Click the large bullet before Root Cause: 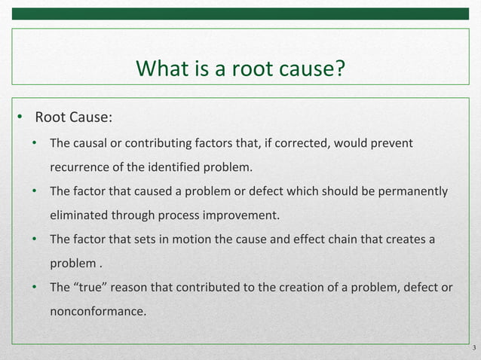22,117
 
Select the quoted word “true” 93,287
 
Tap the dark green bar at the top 240,14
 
